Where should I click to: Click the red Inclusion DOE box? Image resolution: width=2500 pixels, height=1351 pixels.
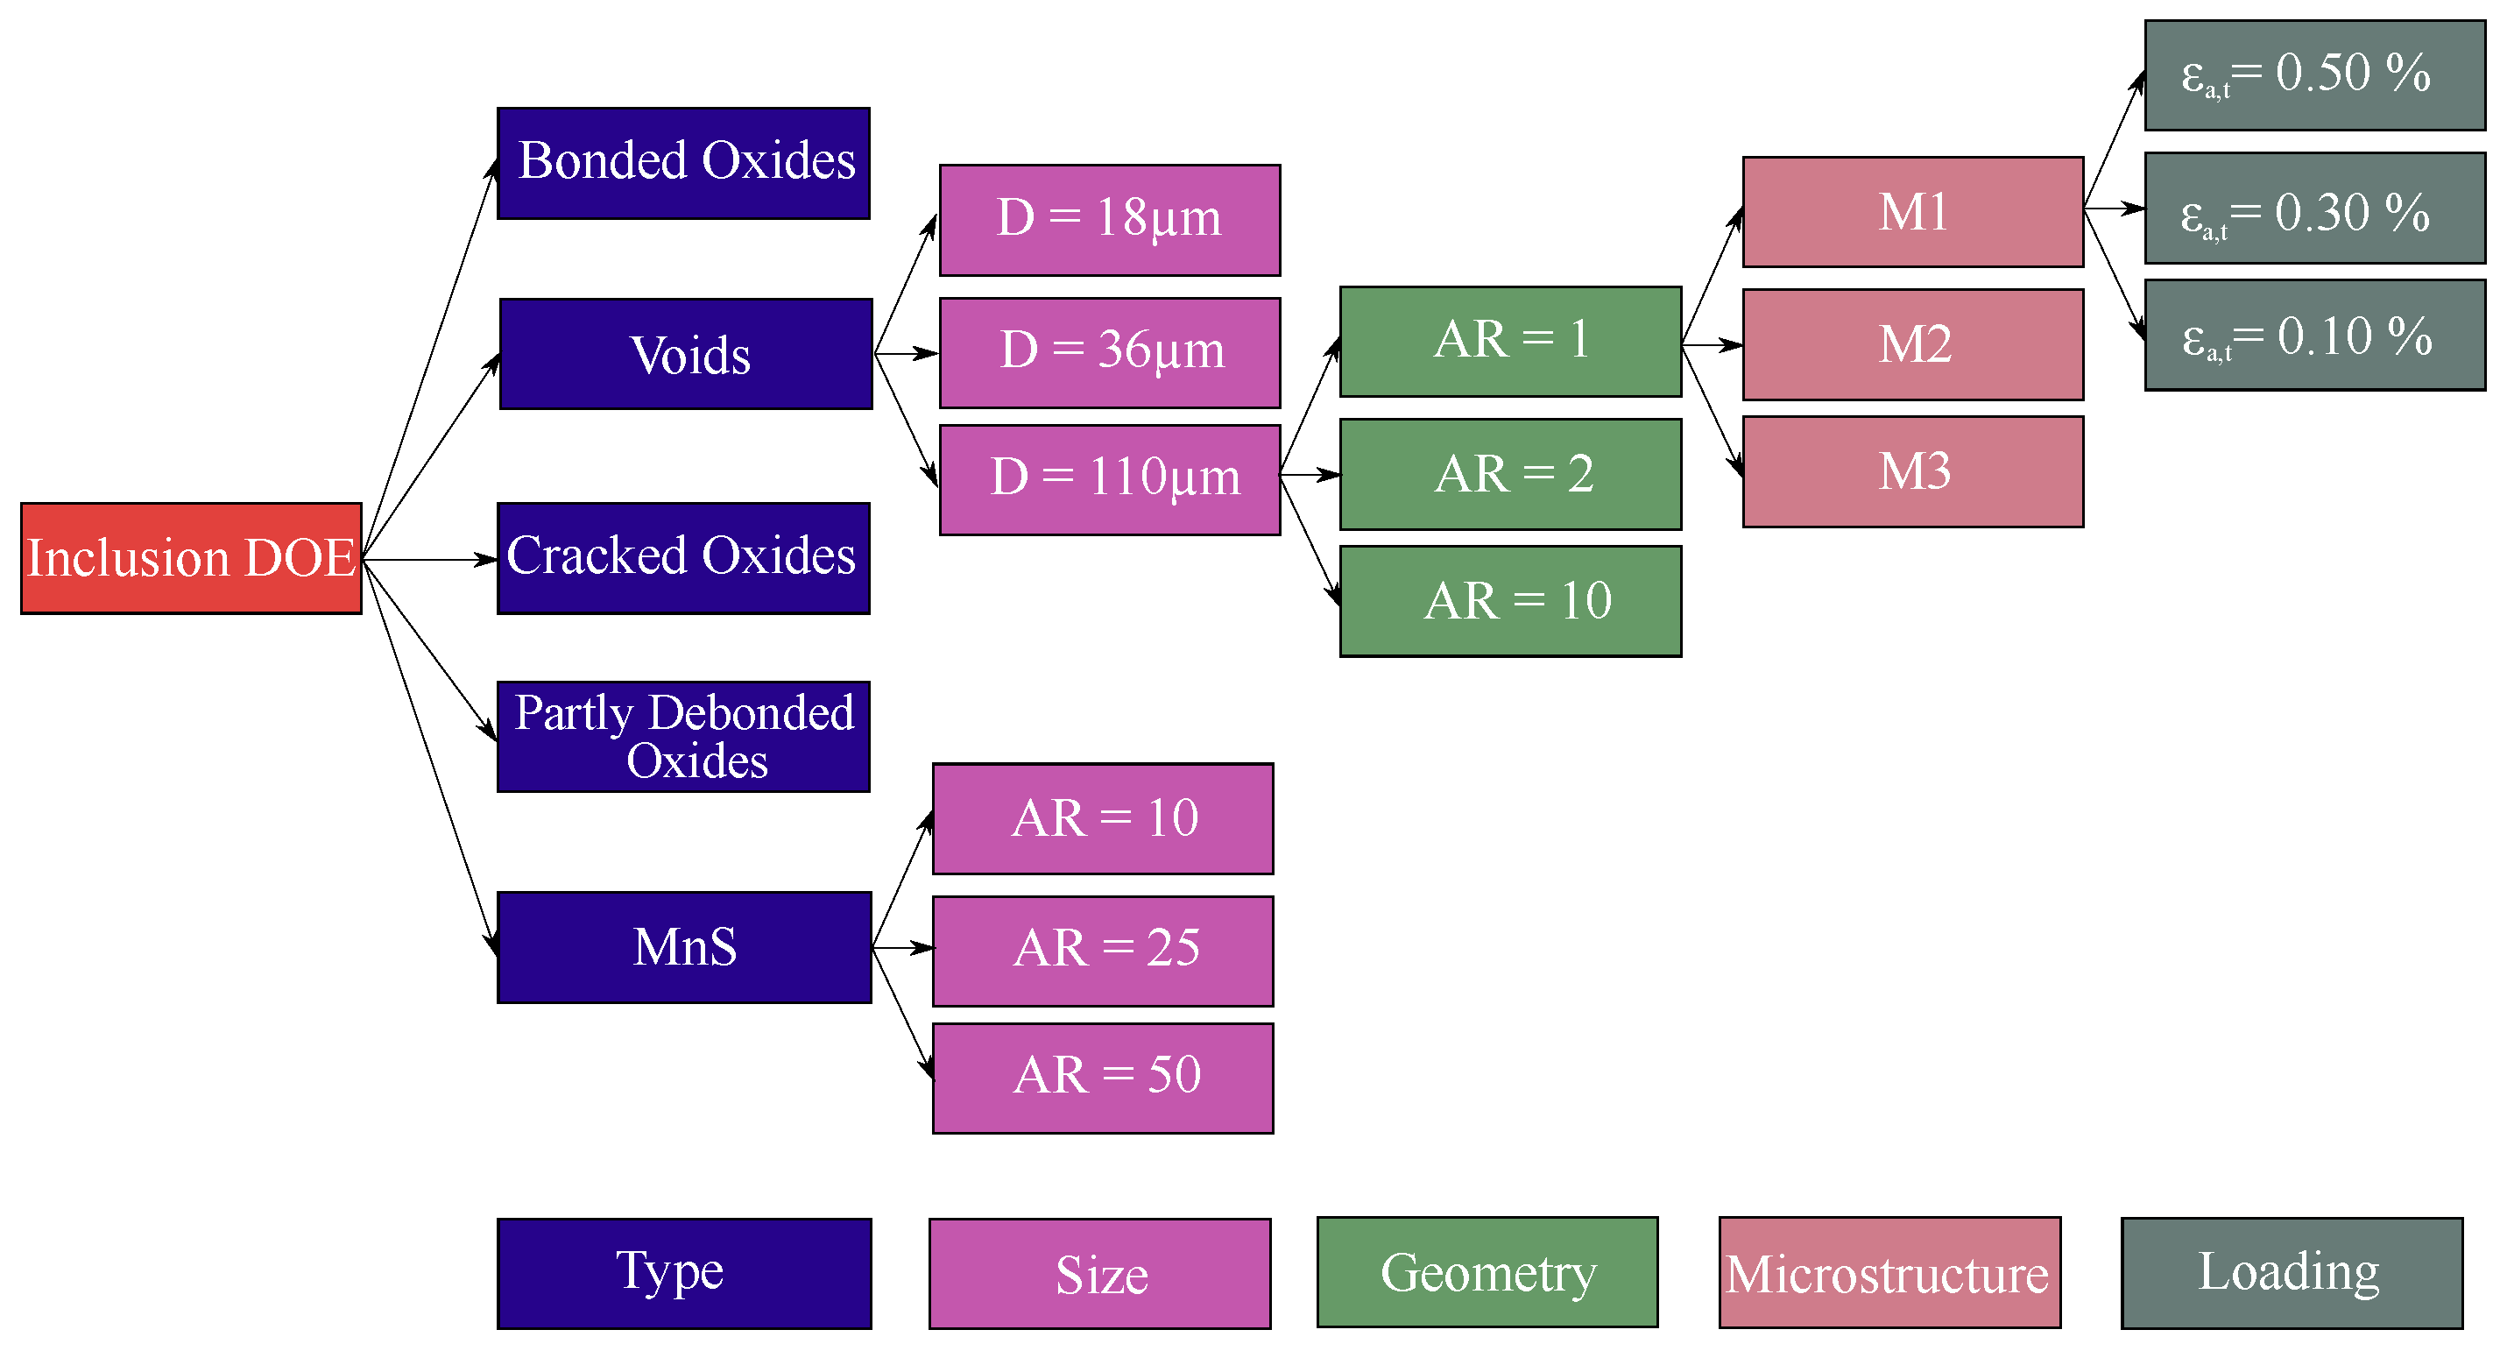click(x=191, y=558)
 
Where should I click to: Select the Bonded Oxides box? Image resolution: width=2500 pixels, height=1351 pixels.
click(x=683, y=163)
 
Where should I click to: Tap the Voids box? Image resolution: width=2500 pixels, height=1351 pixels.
click(x=685, y=354)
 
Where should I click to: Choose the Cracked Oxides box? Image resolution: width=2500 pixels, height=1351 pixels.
click(x=683, y=558)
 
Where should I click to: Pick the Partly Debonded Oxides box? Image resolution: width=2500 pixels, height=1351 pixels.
click(x=683, y=737)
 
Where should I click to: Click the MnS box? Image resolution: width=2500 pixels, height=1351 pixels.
click(x=684, y=947)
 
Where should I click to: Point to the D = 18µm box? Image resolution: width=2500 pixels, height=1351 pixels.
click(x=1109, y=220)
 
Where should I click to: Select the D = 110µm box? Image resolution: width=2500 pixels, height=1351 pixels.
click(x=1109, y=479)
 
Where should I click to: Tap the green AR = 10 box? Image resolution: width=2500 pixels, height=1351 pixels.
click(x=1510, y=602)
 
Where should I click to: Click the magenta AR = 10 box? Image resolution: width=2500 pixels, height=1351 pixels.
click(x=1103, y=819)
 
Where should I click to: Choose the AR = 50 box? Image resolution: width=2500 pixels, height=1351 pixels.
click(x=1103, y=1079)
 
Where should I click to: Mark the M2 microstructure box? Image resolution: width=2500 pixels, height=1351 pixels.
click(x=1912, y=344)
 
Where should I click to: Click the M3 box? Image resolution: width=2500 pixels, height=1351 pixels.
click(x=1912, y=471)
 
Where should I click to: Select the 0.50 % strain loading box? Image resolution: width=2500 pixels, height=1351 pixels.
click(x=2313, y=75)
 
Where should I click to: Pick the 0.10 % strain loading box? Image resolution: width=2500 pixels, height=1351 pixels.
click(x=2313, y=335)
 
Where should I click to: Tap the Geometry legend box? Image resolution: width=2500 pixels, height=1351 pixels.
click(x=1487, y=1272)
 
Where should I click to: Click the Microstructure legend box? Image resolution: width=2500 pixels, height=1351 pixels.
click(x=1889, y=1272)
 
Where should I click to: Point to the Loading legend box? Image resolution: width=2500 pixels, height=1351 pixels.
click(x=2291, y=1272)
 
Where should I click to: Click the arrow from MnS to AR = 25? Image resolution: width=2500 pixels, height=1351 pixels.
click(x=902, y=947)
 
